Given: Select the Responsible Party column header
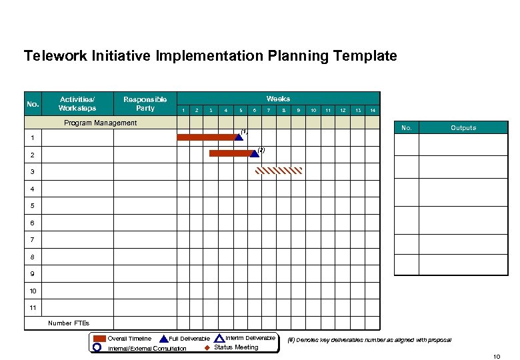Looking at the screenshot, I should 145,103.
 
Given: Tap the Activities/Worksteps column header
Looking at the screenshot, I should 77,103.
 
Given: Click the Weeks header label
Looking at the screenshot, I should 278,99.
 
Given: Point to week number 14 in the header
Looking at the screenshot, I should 373,110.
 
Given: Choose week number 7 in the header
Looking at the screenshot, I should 269,110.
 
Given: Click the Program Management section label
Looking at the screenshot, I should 100,123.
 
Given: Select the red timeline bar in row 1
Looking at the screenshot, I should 206,137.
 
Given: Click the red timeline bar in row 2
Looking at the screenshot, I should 229,153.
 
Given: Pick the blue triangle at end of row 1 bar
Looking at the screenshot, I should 239,137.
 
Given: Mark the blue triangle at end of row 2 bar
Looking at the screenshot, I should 254,153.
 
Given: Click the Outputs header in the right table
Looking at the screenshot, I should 463,127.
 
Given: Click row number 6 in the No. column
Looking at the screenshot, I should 32,223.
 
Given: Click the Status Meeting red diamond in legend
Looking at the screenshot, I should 207,348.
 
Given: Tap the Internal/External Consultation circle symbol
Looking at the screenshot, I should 97,347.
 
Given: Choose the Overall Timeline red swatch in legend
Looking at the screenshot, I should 99,339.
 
